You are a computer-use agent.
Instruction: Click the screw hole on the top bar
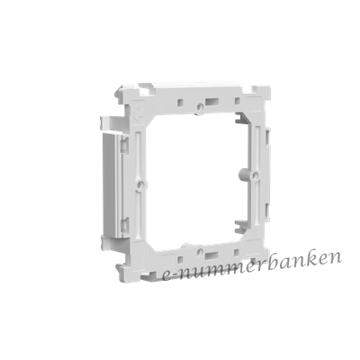coord(200,106)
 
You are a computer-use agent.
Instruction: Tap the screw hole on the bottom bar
coord(201,251)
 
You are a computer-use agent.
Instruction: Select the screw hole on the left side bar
coord(139,184)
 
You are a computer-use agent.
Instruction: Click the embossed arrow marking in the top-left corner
coord(137,112)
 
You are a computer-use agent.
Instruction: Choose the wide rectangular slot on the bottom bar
coord(211,256)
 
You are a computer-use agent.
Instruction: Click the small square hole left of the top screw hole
coord(180,103)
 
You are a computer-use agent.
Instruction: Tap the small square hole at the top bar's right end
coord(237,101)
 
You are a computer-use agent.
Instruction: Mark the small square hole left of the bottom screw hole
coord(180,259)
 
